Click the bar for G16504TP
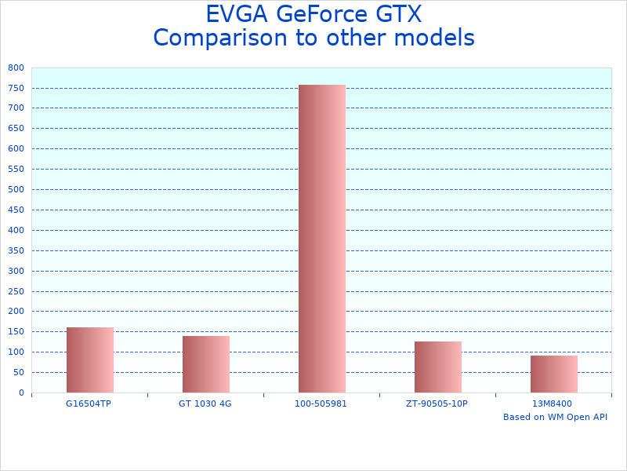click(x=89, y=360)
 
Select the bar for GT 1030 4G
click(x=205, y=364)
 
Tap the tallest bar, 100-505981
click(x=321, y=239)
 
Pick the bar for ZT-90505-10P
click(x=437, y=367)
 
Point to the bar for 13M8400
click(x=553, y=374)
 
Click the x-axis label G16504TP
click(x=89, y=403)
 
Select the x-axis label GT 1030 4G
click(x=205, y=403)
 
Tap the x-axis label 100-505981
click(x=321, y=403)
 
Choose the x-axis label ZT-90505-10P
click(x=437, y=403)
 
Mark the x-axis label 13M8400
click(x=553, y=403)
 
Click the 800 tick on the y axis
click(x=16, y=68)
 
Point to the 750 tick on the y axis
click(x=16, y=88)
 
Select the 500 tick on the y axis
click(x=16, y=189)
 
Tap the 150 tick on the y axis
click(x=16, y=331)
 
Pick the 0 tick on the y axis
click(x=21, y=392)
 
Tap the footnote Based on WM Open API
click(x=555, y=417)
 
